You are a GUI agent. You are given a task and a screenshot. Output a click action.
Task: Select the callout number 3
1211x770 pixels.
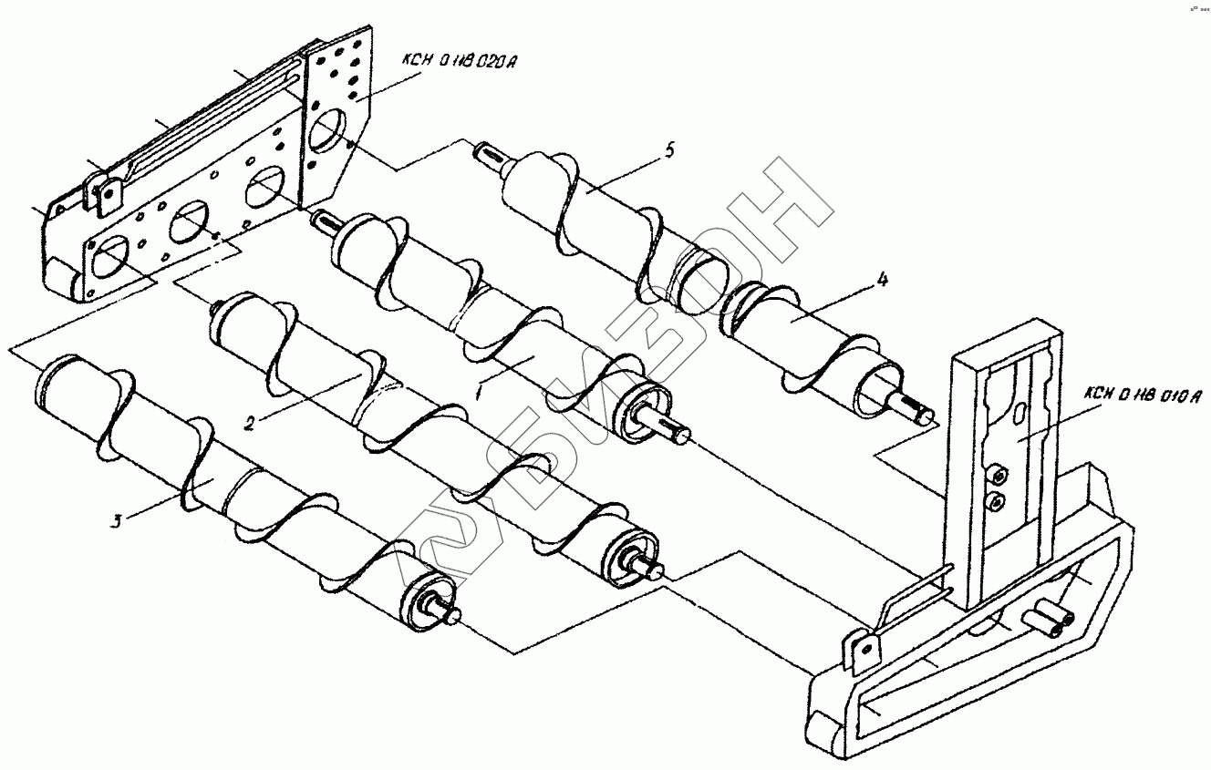[116, 521]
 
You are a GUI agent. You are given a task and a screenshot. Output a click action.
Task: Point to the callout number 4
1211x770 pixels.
[882, 281]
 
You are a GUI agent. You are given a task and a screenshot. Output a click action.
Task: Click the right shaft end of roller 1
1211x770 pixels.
[679, 435]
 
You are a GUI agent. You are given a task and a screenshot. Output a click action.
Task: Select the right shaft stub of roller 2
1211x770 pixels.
[654, 570]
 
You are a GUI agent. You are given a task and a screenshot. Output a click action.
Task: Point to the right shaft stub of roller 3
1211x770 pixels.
[453, 615]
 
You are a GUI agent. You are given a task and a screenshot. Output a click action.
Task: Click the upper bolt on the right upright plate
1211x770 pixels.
[998, 474]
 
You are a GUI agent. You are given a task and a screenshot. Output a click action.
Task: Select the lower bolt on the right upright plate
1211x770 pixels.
[997, 500]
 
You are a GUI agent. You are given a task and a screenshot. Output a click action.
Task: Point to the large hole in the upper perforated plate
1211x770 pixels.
[323, 133]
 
